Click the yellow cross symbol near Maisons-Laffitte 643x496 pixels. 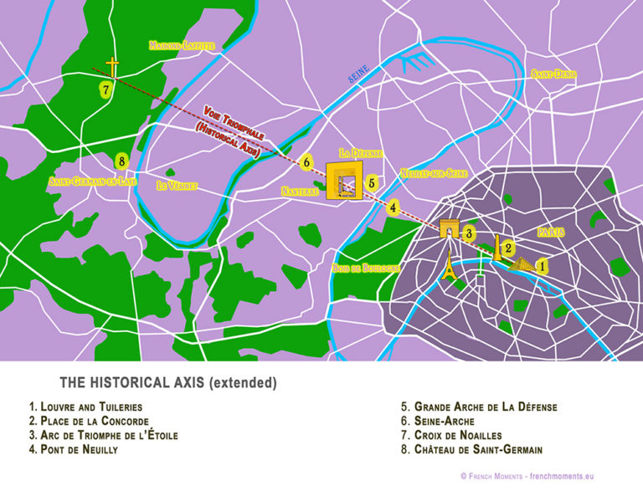pyautogui.click(x=111, y=67)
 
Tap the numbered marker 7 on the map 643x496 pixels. pyautogui.click(x=105, y=89)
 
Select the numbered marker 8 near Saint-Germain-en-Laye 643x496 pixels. pyautogui.click(x=122, y=161)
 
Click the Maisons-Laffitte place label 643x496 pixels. pyautogui.click(x=182, y=46)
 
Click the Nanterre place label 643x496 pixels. pyautogui.click(x=300, y=191)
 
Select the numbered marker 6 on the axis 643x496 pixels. pyautogui.click(x=307, y=162)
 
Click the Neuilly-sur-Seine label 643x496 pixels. pyautogui.click(x=433, y=173)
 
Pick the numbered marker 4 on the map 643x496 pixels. pyautogui.click(x=394, y=207)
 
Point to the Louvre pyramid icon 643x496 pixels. pyautogui.click(x=521, y=265)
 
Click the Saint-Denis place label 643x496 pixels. pyautogui.click(x=553, y=74)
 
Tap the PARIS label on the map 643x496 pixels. pyautogui.click(x=550, y=232)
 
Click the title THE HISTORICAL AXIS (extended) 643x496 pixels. pyautogui.click(x=167, y=383)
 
